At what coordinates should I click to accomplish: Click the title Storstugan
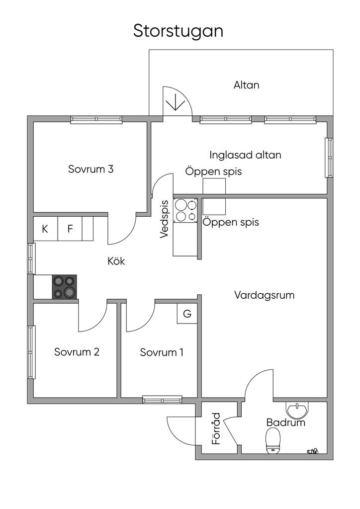[178, 31]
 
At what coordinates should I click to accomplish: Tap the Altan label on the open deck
[247, 85]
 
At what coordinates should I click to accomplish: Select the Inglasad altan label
[245, 155]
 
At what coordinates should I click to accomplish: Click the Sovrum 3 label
[91, 169]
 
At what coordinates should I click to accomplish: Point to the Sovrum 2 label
[77, 352]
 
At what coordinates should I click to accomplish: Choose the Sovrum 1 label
[162, 352]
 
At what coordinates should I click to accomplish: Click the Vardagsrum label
[265, 295]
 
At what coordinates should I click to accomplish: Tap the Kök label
[116, 261]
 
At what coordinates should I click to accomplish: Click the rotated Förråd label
[216, 428]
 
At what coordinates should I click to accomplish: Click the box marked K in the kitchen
[45, 229]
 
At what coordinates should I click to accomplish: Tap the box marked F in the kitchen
[70, 229]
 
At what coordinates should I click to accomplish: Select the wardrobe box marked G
[187, 314]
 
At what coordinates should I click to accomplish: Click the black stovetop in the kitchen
[65, 287]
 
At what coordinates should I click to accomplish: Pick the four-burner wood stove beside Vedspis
[185, 210]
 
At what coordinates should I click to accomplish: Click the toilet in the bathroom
[273, 441]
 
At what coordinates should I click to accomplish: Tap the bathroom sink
[297, 411]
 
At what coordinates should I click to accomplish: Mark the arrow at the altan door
[175, 102]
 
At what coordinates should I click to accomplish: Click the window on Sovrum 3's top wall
[96, 119]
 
